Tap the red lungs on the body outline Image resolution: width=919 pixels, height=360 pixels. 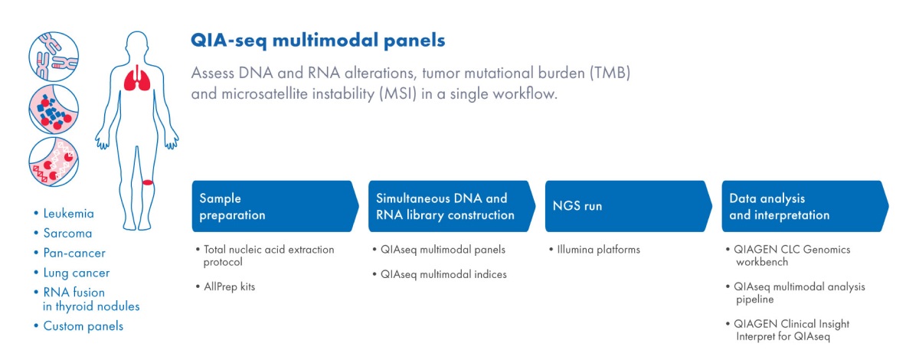[139, 77]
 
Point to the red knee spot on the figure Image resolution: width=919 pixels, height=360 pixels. [148, 182]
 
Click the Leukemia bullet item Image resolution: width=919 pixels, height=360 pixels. [69, 214]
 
